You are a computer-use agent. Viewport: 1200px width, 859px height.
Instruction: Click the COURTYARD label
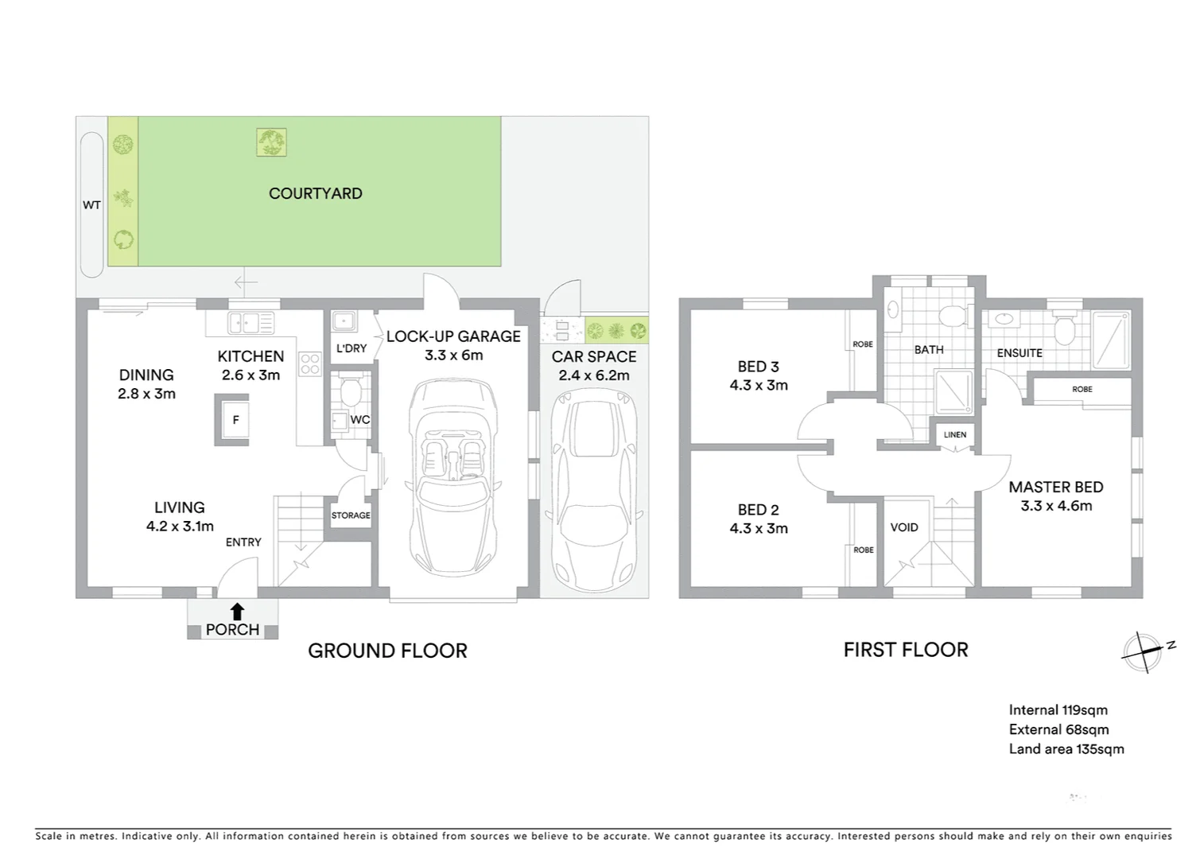point(315,193)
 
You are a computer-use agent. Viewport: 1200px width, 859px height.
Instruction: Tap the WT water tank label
point(91,205)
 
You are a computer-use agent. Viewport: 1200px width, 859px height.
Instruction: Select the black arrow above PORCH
point(237,611)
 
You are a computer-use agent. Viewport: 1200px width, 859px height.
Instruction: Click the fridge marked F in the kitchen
point(235,420)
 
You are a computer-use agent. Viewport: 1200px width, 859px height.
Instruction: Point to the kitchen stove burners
point(309,364)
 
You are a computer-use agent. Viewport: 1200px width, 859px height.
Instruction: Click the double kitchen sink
point(250,323)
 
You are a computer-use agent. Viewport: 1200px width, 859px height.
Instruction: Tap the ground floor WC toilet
point(350,392)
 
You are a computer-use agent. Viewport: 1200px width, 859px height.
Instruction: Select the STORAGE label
point(351,515)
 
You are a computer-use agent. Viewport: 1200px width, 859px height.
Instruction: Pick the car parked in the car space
point(594,493)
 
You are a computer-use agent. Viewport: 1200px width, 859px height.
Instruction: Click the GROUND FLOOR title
point(387,651)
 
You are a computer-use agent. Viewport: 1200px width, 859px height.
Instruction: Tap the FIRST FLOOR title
point(905,650)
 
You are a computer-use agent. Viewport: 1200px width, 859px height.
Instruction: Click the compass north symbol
point(1144,651)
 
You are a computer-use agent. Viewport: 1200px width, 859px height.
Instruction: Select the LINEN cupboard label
point(955,434)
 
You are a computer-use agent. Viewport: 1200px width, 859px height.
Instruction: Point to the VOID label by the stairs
point(904,527)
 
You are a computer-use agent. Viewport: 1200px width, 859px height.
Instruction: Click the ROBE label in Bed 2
point(864,550)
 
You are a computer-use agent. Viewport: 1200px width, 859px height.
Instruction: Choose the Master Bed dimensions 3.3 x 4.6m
point(1056,506)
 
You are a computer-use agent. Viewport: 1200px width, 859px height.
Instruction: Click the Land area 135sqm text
point(1066,748)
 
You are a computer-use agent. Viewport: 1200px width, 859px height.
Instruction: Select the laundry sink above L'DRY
point(344,321)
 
